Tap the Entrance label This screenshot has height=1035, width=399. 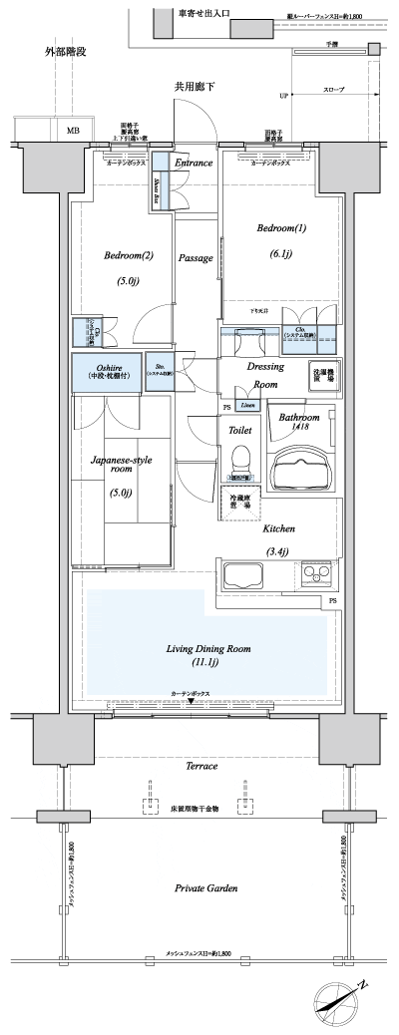tap(195, 162)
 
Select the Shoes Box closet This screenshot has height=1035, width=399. tap(159, 182)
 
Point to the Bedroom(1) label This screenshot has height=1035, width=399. tap(282, 228)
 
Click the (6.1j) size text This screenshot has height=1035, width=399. tap(282, 254)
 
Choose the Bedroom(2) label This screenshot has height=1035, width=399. tap(128, 255)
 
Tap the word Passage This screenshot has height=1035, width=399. tap(196, 258)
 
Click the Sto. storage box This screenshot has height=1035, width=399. tap(161, 368)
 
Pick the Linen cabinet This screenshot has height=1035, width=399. tap(249, 406)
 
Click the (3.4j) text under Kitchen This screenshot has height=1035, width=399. tap(276, 551)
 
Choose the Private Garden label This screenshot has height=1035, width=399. tap(206, 887)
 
